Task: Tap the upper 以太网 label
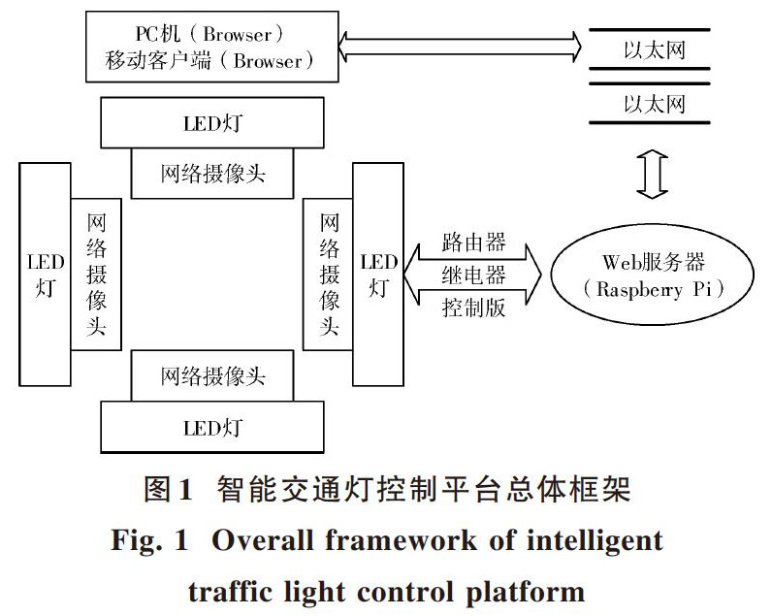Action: click(x=655, y=50)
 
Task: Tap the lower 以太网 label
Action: click(x=655, y=105)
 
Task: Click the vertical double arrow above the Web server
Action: click(x=652, y=175)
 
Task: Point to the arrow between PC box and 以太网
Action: click(x=460, y=47)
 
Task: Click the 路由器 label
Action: click(x=473, y=243)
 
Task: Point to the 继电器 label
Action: click(x=473, y=275)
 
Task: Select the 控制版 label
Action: click(x=473, y=308)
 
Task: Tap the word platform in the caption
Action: click(x=525, y=593)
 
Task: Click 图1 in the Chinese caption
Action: click(x=168, y=490)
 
